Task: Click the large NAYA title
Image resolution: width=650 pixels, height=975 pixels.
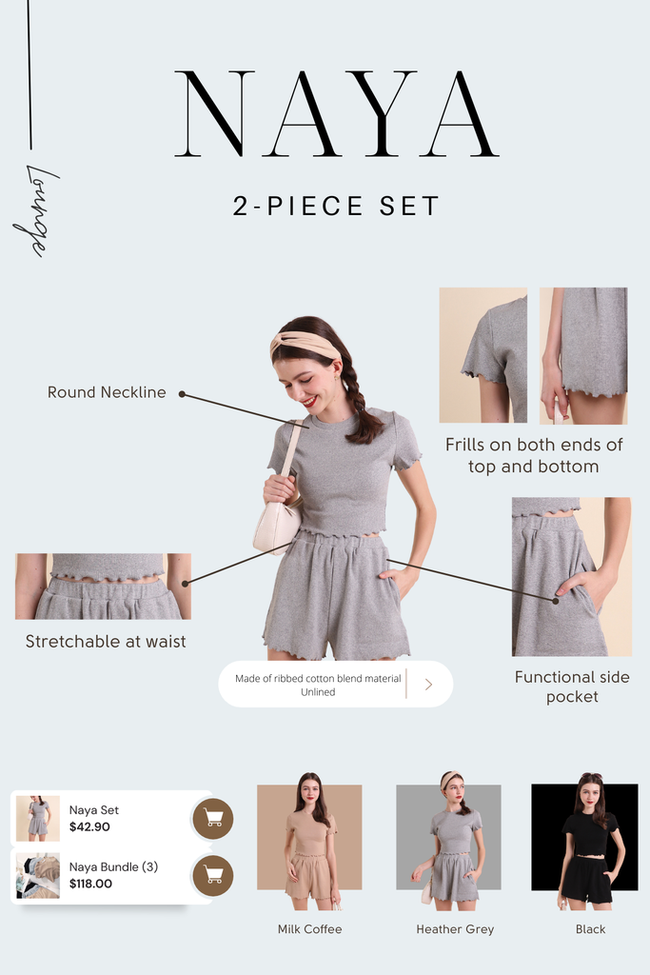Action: [x=336, y=113]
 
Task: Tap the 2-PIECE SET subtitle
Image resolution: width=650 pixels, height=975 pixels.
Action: [x=336, y=207]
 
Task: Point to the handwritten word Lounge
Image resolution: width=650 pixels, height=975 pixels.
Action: [x=36, y=210]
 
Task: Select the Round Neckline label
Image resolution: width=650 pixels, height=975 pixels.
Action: [x=107, y=392]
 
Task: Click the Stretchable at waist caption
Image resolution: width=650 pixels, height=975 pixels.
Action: [x=106, y=641]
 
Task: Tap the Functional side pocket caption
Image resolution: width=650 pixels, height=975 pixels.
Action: [x=572, y=686]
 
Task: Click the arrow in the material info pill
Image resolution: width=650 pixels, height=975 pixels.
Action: [x=428, y=684]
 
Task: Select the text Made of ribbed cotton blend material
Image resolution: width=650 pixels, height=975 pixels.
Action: [x=318, y=678]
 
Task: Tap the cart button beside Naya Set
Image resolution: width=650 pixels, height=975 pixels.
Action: [x=213, y=819]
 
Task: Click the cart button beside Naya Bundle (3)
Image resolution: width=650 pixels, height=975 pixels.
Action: [x=213, y=876]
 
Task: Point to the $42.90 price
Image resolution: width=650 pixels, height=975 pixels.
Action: [x=89, y=827]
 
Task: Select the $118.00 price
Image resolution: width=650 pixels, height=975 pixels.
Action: [x=90, y=884]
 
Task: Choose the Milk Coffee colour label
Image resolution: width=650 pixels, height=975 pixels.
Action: [x=309, y=929]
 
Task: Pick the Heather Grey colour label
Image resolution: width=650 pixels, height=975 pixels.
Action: [x=455, y=929]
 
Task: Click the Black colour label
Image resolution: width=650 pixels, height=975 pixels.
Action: [x=590, y=929]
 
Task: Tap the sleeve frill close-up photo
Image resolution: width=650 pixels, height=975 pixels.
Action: [x=483, y=355]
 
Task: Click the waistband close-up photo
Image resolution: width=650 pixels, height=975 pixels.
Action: [x=103, y=587]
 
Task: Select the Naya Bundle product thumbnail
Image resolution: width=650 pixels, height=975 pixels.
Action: [x=38, y=876]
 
